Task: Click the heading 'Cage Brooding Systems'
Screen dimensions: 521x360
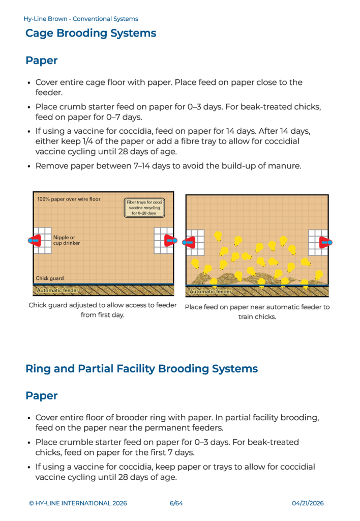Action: click(x=91, y=34)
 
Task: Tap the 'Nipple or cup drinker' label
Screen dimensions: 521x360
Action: click(x=67, y=240)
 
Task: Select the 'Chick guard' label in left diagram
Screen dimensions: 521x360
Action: click(x=50, y=278)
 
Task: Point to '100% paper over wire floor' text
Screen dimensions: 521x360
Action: click(x=69, y=199)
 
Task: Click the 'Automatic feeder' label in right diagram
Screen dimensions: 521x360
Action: click(x=211, y=292)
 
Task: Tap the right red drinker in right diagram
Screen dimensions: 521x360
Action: click(x=324, y=242)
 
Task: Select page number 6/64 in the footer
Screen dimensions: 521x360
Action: click(x=176, y=503)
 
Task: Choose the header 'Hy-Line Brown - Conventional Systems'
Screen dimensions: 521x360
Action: click(x=80, y=19)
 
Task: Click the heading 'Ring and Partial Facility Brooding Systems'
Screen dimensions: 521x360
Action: click(x=141, y=368)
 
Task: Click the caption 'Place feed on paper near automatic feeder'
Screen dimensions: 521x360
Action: click(x=257, y=307)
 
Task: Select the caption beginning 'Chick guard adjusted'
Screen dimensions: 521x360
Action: click(x=103, y=305)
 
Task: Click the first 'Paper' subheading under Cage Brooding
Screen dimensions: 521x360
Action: click(x=41, y=61)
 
